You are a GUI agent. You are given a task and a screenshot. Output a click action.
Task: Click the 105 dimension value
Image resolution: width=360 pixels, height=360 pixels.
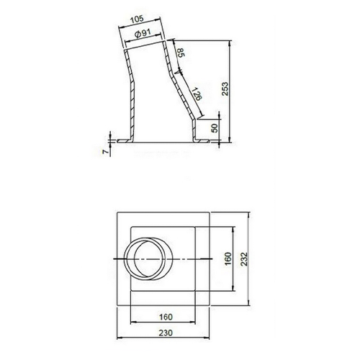point(137,19)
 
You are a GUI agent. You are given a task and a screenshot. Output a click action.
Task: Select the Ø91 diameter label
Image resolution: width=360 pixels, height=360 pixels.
point(143,33)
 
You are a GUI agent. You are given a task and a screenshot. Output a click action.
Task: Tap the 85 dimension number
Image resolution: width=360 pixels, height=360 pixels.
point(181,53)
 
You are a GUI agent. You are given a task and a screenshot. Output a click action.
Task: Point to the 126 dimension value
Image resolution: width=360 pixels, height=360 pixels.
point(197,94)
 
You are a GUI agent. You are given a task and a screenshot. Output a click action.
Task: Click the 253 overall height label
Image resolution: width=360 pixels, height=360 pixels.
point(225,89)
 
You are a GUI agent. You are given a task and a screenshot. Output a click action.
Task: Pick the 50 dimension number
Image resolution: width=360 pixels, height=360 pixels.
point(215,128)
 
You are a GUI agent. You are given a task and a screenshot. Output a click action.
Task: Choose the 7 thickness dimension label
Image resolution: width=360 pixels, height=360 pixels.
point(104,152)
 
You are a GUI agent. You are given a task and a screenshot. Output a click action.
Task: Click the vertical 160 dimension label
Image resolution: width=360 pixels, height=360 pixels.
point(228,258)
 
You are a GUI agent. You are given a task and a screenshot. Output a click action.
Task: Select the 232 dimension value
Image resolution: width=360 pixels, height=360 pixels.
point(244,258)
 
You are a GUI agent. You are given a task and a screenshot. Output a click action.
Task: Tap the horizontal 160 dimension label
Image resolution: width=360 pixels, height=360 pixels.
point(166,317)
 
